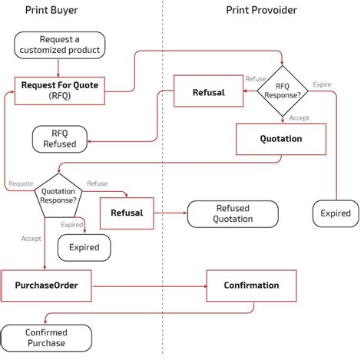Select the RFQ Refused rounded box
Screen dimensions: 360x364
[61, 139]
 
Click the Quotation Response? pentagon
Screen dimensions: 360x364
[58, 195]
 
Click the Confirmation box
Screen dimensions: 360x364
[250, 286]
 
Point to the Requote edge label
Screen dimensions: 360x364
[21, 183]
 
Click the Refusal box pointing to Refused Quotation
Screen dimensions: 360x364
[127, 213]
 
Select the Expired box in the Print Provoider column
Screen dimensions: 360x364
[335, 213]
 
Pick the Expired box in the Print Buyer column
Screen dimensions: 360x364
[83, 248]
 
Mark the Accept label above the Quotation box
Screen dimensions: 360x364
[300, 117]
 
